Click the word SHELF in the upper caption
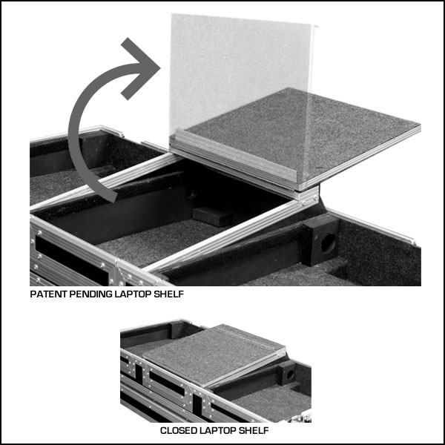[168, 294]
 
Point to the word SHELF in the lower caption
[254, 430]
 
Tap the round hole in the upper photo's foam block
[328, 243]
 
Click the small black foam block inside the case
[212, 216]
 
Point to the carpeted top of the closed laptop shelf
[211, 355]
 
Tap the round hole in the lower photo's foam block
[290, 375]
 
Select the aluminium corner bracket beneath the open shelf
[307, 196]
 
